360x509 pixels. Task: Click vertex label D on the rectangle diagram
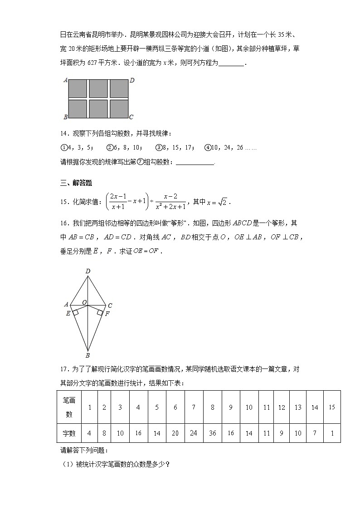(x=132, y=80)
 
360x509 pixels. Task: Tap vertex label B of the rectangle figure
(x=66, y=117)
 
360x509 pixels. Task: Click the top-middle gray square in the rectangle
(x=98, y=88)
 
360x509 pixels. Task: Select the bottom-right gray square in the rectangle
(x=119, y=109)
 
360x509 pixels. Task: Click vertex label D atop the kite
(x=88, y=271)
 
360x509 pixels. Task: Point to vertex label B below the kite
(x=88, y=355)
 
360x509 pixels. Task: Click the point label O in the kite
(x=84, y=302)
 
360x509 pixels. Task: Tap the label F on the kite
(x=107, y=313)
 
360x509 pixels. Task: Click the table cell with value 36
(x=212, y=433)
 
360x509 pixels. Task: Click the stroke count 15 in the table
(x=331, y=407)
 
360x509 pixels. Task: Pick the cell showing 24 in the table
(x=194, y=433)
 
